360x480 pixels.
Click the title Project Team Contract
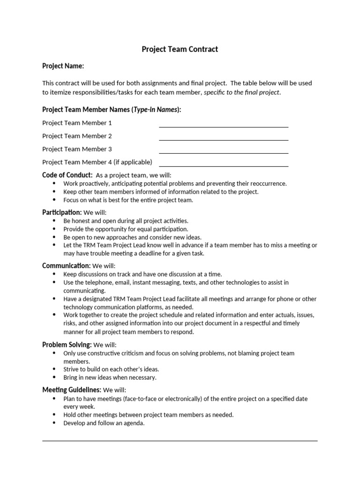pyautogui.click(x=180, y=49)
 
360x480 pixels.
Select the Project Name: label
pyautogui.click(x=63, y=66)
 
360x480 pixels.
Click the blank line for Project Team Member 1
pyautogui.click(x=224, y=126)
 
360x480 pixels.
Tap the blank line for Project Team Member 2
pyautogui.click(x=224, y=139)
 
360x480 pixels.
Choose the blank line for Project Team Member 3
pyautogui.click(x=224, y=152)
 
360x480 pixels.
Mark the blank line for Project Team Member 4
pyautogui.click(x=224, y=165)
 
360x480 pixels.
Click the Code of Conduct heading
pyautogui.click(x=67, y=175)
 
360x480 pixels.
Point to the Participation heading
pyautogui.click(x=62, y=212)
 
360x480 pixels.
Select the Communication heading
pyautogui.click(x=66, y=266)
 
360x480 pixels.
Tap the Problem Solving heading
pyautogui.click(x=67, y=345)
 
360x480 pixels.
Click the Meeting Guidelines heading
pyautogui.click(x=72, y=390)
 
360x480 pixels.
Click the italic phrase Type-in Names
pyautogui.click(x=156, y=110)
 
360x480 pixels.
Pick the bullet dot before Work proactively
pyautogui.click(x=54, y=183)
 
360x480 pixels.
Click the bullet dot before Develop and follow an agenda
pyautogui.click(x=54, y=423)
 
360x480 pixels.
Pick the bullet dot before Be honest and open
pyautogui.click(x=54, y=221)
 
